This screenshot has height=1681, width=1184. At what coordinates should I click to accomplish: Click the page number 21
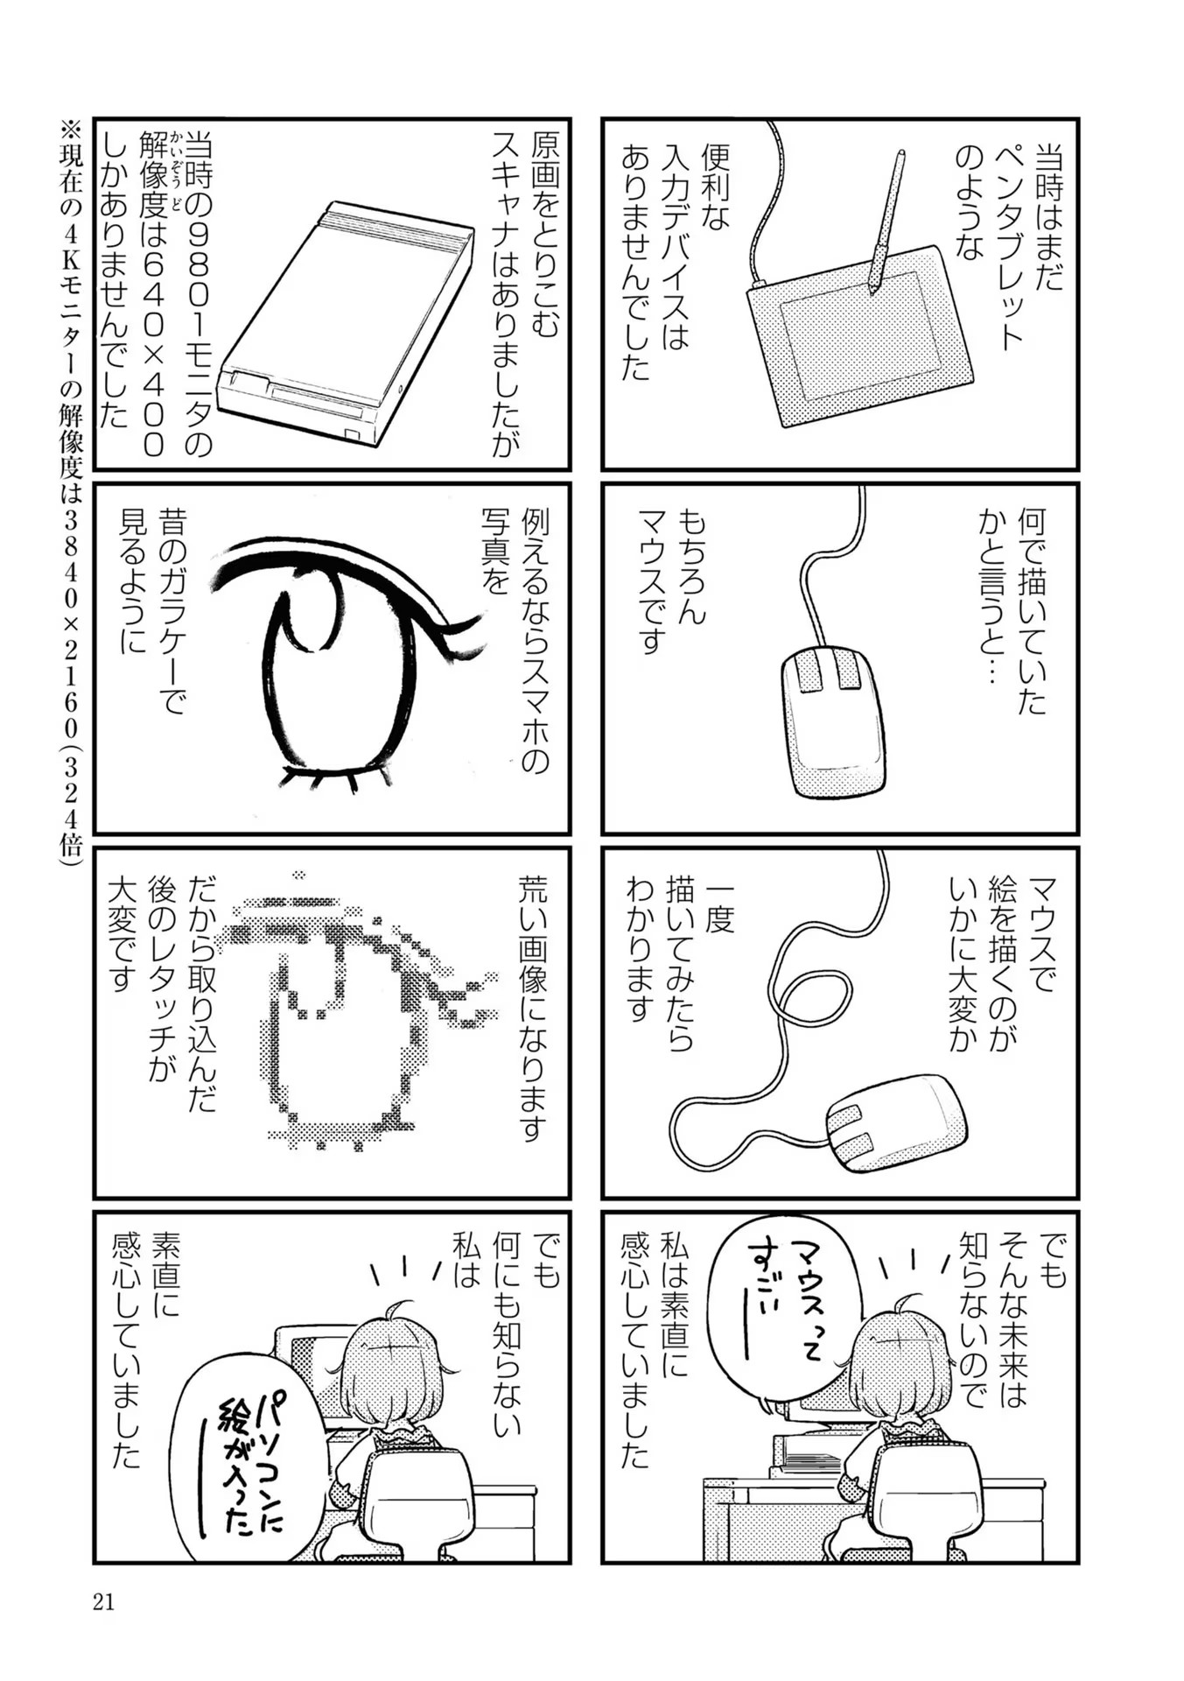(103, 1602)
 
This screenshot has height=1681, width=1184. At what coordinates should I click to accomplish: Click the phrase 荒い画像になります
(533, 1007)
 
